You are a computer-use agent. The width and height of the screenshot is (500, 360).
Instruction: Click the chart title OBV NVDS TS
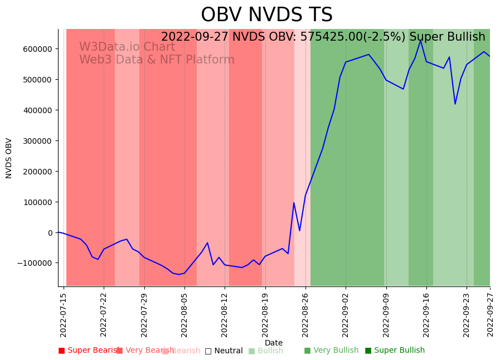coord(266,15)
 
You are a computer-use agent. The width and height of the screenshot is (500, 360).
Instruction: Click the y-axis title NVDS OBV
coord(9,158)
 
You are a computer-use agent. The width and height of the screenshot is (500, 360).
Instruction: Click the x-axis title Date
coord(274,343)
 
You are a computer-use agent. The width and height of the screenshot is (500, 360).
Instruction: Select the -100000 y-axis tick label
coord(35,263)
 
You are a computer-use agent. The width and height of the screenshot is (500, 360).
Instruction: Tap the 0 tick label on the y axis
coord(50,233)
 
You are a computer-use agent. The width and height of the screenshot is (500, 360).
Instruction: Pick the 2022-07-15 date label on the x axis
coord(64,315)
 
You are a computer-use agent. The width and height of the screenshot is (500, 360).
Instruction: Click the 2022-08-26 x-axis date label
coord(305,315)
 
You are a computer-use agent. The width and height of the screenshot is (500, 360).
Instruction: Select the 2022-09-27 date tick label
coord(491,315)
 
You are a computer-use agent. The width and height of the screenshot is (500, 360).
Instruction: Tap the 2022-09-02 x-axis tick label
coord(346,315)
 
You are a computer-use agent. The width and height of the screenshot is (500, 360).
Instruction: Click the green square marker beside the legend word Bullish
coord(251,351)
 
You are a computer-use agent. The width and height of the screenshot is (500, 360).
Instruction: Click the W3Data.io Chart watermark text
coord(127,47)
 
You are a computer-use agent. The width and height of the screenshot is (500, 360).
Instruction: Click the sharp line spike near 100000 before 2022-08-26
coord(294,203)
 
